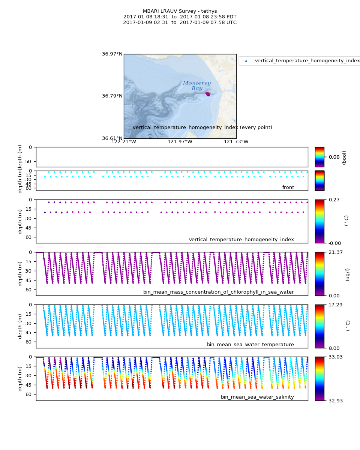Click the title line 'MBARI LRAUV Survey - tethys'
(x=180, y=11)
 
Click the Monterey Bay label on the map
(x=197, y=85)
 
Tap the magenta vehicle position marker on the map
(x=208, y=94)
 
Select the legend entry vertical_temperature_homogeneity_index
(x=307, y=61)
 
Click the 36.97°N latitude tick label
(x=112, y=54)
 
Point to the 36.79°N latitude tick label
(x=112, y=96)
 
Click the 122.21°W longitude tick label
(x=124, y=141)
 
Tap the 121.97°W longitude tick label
(x=180, y=141)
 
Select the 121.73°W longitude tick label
(x=236, y=141)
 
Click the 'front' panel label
(x=288, y=187)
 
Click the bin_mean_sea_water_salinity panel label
(x=257, y=397)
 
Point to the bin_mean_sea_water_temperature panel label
(x=250, y=345)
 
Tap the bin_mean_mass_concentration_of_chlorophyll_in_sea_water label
(x=218, y=292)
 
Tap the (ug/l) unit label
(x=348, y=274)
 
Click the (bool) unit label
(x=344, y=157)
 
